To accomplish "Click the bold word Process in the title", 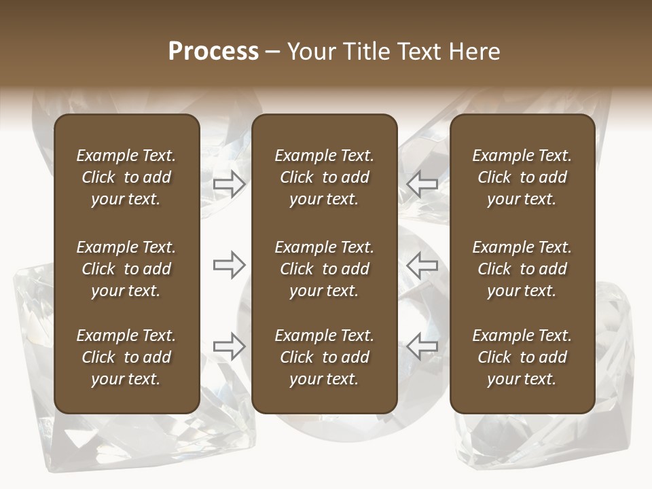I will point(213,52).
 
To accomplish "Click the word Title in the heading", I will point(365,52).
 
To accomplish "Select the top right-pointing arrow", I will point(230,184).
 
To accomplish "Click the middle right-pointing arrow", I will point(230,265).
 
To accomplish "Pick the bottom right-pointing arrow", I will point(230,346).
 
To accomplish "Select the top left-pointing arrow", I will point(422,184).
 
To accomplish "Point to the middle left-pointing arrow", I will point(422,265).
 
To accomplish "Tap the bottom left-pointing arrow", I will point(422,346).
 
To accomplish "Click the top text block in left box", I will point(126,177).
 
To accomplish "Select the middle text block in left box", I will point(126,269).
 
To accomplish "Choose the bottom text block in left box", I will point(126,357).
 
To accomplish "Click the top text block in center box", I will point(324,177).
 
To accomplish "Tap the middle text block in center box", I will point(324,269).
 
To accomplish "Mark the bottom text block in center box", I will point(324,357).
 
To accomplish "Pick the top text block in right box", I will point(522,177).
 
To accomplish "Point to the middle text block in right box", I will point(522,269).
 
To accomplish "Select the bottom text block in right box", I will point(522,357).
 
